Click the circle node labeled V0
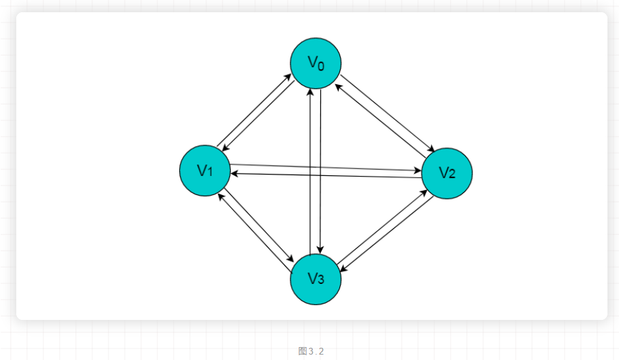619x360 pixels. [316, 63]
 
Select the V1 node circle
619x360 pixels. [205, 170]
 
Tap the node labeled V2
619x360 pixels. [447, 173]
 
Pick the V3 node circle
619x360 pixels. [316, 278]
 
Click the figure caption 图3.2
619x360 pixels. [311, 351]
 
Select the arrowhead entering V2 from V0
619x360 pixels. [432, 150]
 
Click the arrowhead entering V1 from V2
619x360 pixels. [233, 174]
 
